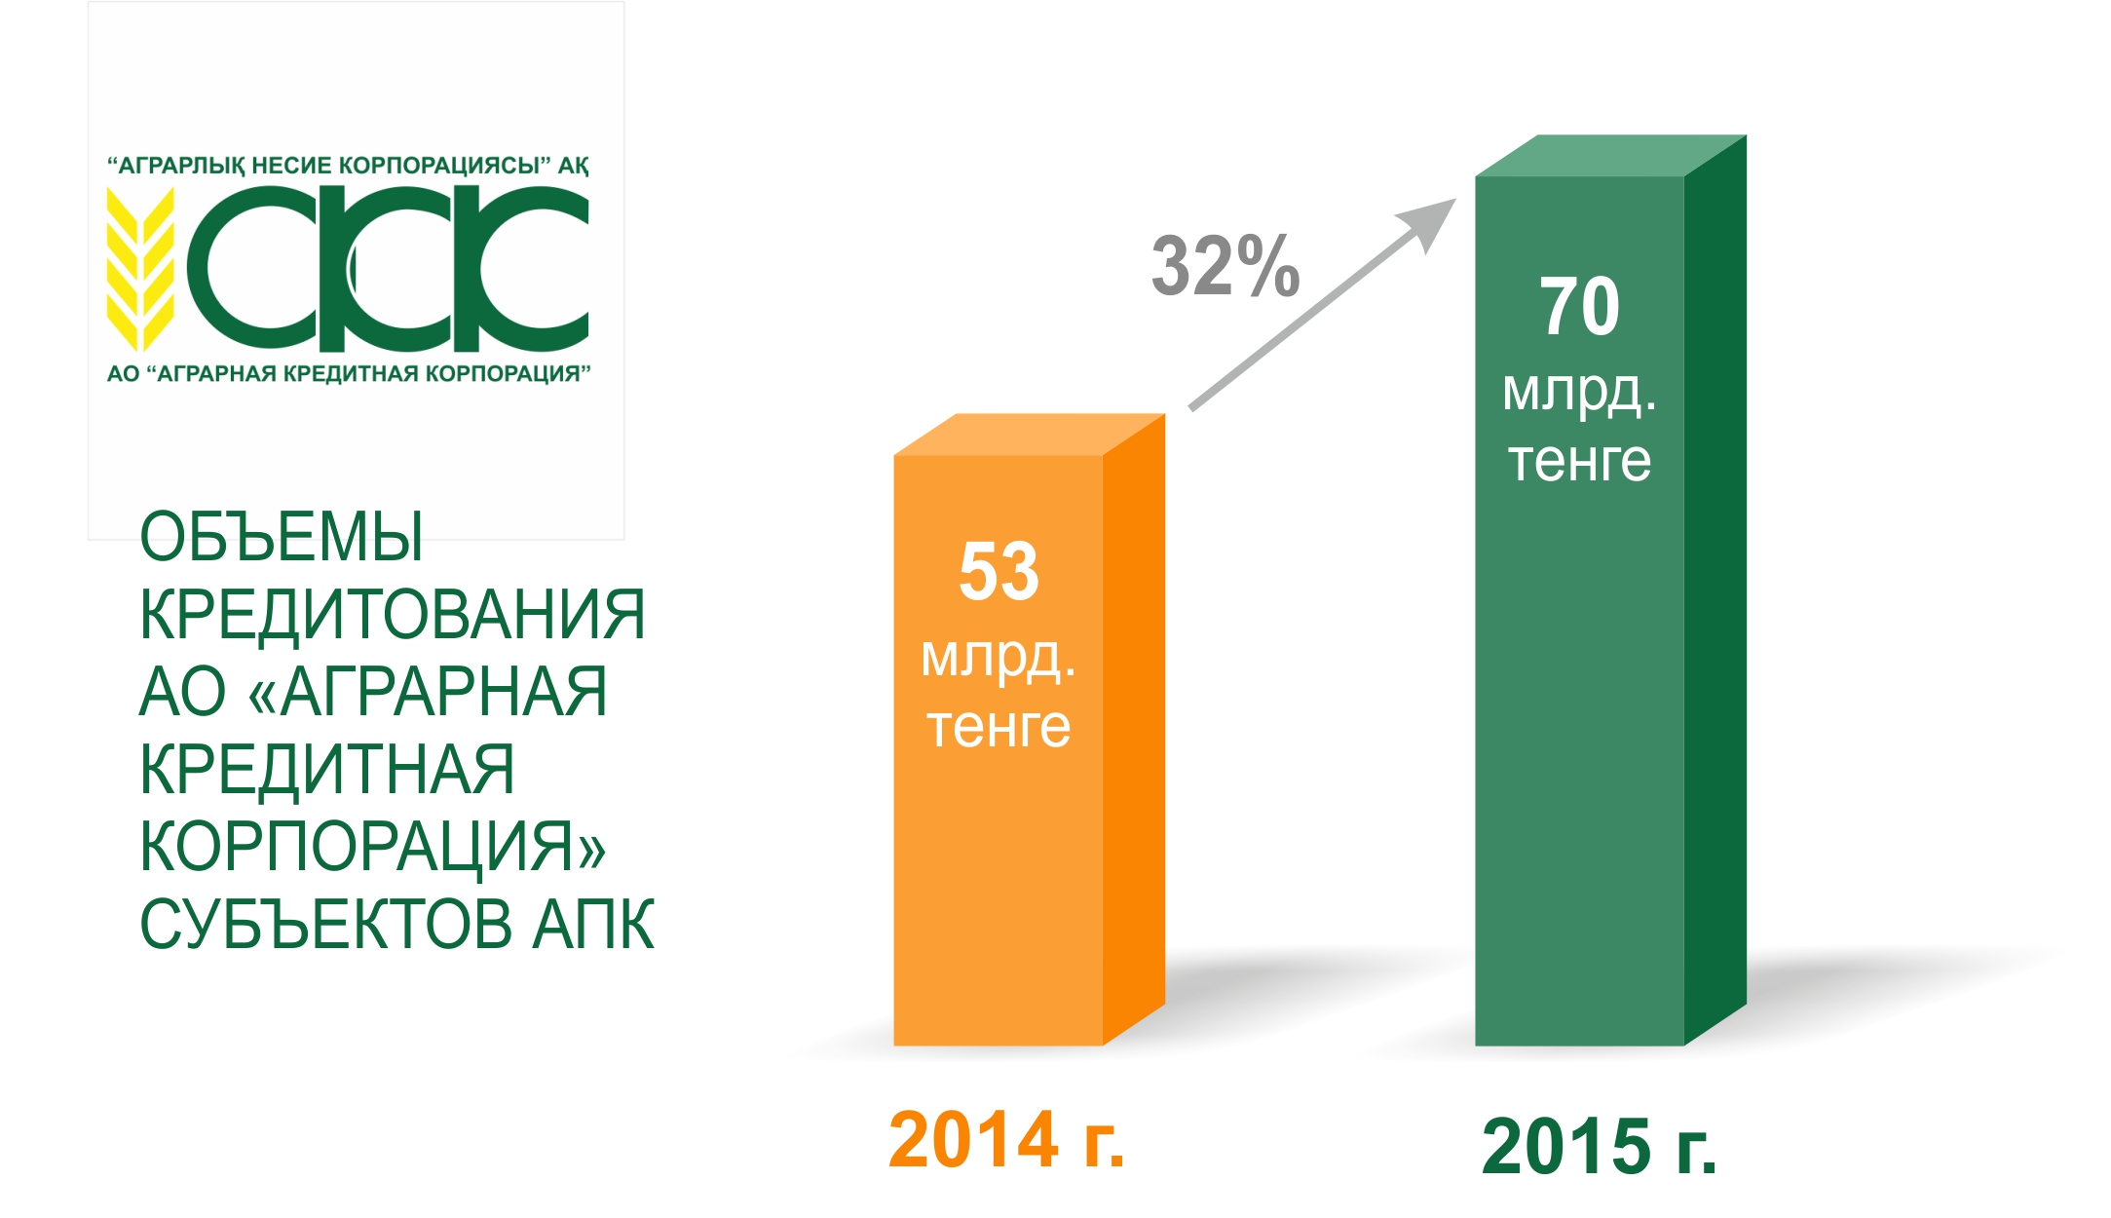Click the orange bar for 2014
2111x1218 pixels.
point(1029,730)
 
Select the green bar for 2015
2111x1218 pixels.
point(1610,590)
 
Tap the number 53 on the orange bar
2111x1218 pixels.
point(999,571)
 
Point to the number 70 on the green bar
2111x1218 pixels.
point(1579,306)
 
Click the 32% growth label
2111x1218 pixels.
point(1225,265)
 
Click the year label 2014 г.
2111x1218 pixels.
point(1006,1139)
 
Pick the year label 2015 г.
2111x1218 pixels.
point(1599,1147)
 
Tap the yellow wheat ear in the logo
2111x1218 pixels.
point(140,268)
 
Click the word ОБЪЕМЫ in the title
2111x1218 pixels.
point(282,536)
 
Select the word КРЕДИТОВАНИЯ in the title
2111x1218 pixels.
point(393,614)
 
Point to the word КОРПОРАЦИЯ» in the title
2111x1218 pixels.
point(373,846)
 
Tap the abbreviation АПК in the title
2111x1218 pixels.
point(593,924)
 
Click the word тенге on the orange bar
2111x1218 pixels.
point(999,726)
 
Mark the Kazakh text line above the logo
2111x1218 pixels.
point(348,166)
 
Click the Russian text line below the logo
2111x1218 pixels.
point(349,374)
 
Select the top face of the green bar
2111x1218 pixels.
point(1610,156)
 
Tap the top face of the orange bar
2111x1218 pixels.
point(1029,435)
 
